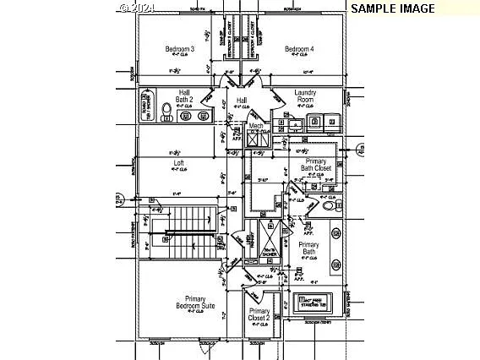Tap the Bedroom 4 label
click(299, 50)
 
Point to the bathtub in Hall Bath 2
click(145, 106)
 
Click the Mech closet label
click(256, 126)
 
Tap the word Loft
click(178, 162)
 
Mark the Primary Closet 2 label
click(259, 315)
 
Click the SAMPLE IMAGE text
click(393, 8)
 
